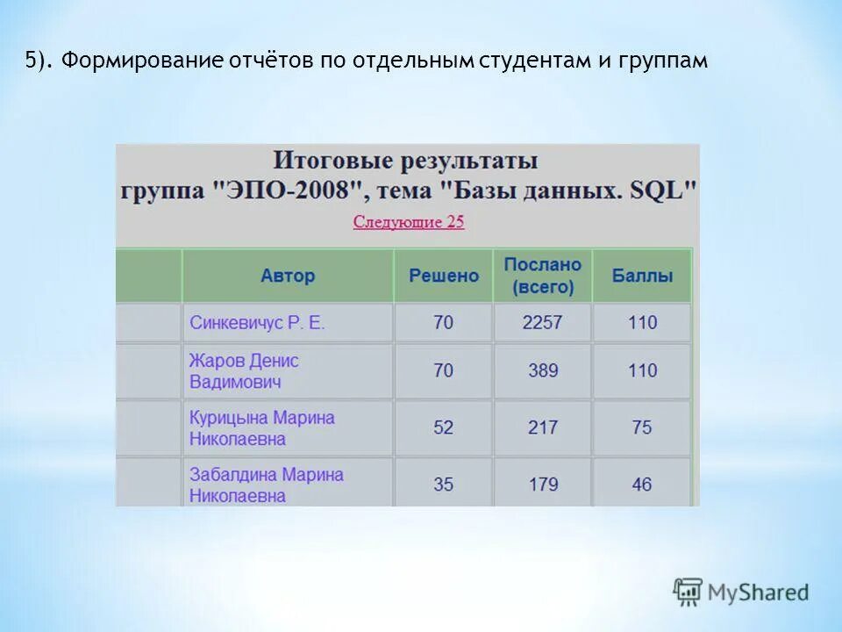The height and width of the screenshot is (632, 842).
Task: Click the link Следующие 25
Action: [x=409, y=222]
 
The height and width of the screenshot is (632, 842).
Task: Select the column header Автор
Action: [x=288, y=276]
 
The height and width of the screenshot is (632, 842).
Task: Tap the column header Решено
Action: [x=444, y=276]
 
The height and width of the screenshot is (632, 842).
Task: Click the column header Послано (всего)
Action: [x=542, y=276]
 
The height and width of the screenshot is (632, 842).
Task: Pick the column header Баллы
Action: [x=642, y=276]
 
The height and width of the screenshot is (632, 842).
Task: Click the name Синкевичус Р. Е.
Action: [x=257, y=323]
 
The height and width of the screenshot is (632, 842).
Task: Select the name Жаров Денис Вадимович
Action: [x=244, y=371]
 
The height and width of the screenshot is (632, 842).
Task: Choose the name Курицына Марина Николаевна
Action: [x=261, y=428]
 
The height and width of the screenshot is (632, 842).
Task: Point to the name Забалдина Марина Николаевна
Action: [x=266, y=485]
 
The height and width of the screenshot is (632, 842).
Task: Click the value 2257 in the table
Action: [x=542, y=323]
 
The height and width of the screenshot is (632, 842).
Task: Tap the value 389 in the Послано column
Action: [x=543, y=371]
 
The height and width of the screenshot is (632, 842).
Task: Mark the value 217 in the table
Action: [x=543, y=427]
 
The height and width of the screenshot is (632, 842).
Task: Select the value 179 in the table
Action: [x=543, y=485]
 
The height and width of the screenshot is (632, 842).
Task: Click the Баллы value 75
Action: [x=642, y=427]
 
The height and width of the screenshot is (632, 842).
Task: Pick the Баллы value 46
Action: [x=642, y=485]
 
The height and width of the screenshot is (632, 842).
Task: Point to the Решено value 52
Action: [x=444, y=427]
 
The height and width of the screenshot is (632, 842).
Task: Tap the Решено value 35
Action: [x=444, y=485]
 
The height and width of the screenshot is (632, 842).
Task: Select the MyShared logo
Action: [x=741, y=592]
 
